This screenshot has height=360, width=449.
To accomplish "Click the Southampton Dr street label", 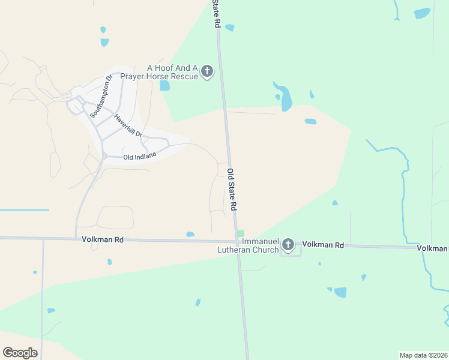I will point(101,95).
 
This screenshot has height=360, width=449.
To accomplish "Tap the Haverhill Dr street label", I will point(128,125).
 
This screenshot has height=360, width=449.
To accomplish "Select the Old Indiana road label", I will point(139,157).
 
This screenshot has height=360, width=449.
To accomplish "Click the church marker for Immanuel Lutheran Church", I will point(288,244).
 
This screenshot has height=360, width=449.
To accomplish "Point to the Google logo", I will point(20,353).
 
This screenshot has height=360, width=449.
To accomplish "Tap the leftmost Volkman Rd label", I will point(103,239).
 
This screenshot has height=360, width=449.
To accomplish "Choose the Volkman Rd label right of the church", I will point(323,245).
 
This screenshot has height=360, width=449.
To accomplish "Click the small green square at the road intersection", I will point(241,233).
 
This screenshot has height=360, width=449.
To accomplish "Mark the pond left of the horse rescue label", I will point(164,85).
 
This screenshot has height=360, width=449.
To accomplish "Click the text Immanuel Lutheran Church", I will point(252,245).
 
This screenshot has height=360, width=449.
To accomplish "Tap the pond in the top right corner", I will point(422,13).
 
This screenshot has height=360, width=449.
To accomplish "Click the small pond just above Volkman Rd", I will point(190,234).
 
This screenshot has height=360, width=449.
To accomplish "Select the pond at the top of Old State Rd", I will point(229,28).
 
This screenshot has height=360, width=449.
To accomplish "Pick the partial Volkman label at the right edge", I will point(433,248).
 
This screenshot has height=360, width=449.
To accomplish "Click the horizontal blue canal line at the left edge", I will point(24,210).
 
